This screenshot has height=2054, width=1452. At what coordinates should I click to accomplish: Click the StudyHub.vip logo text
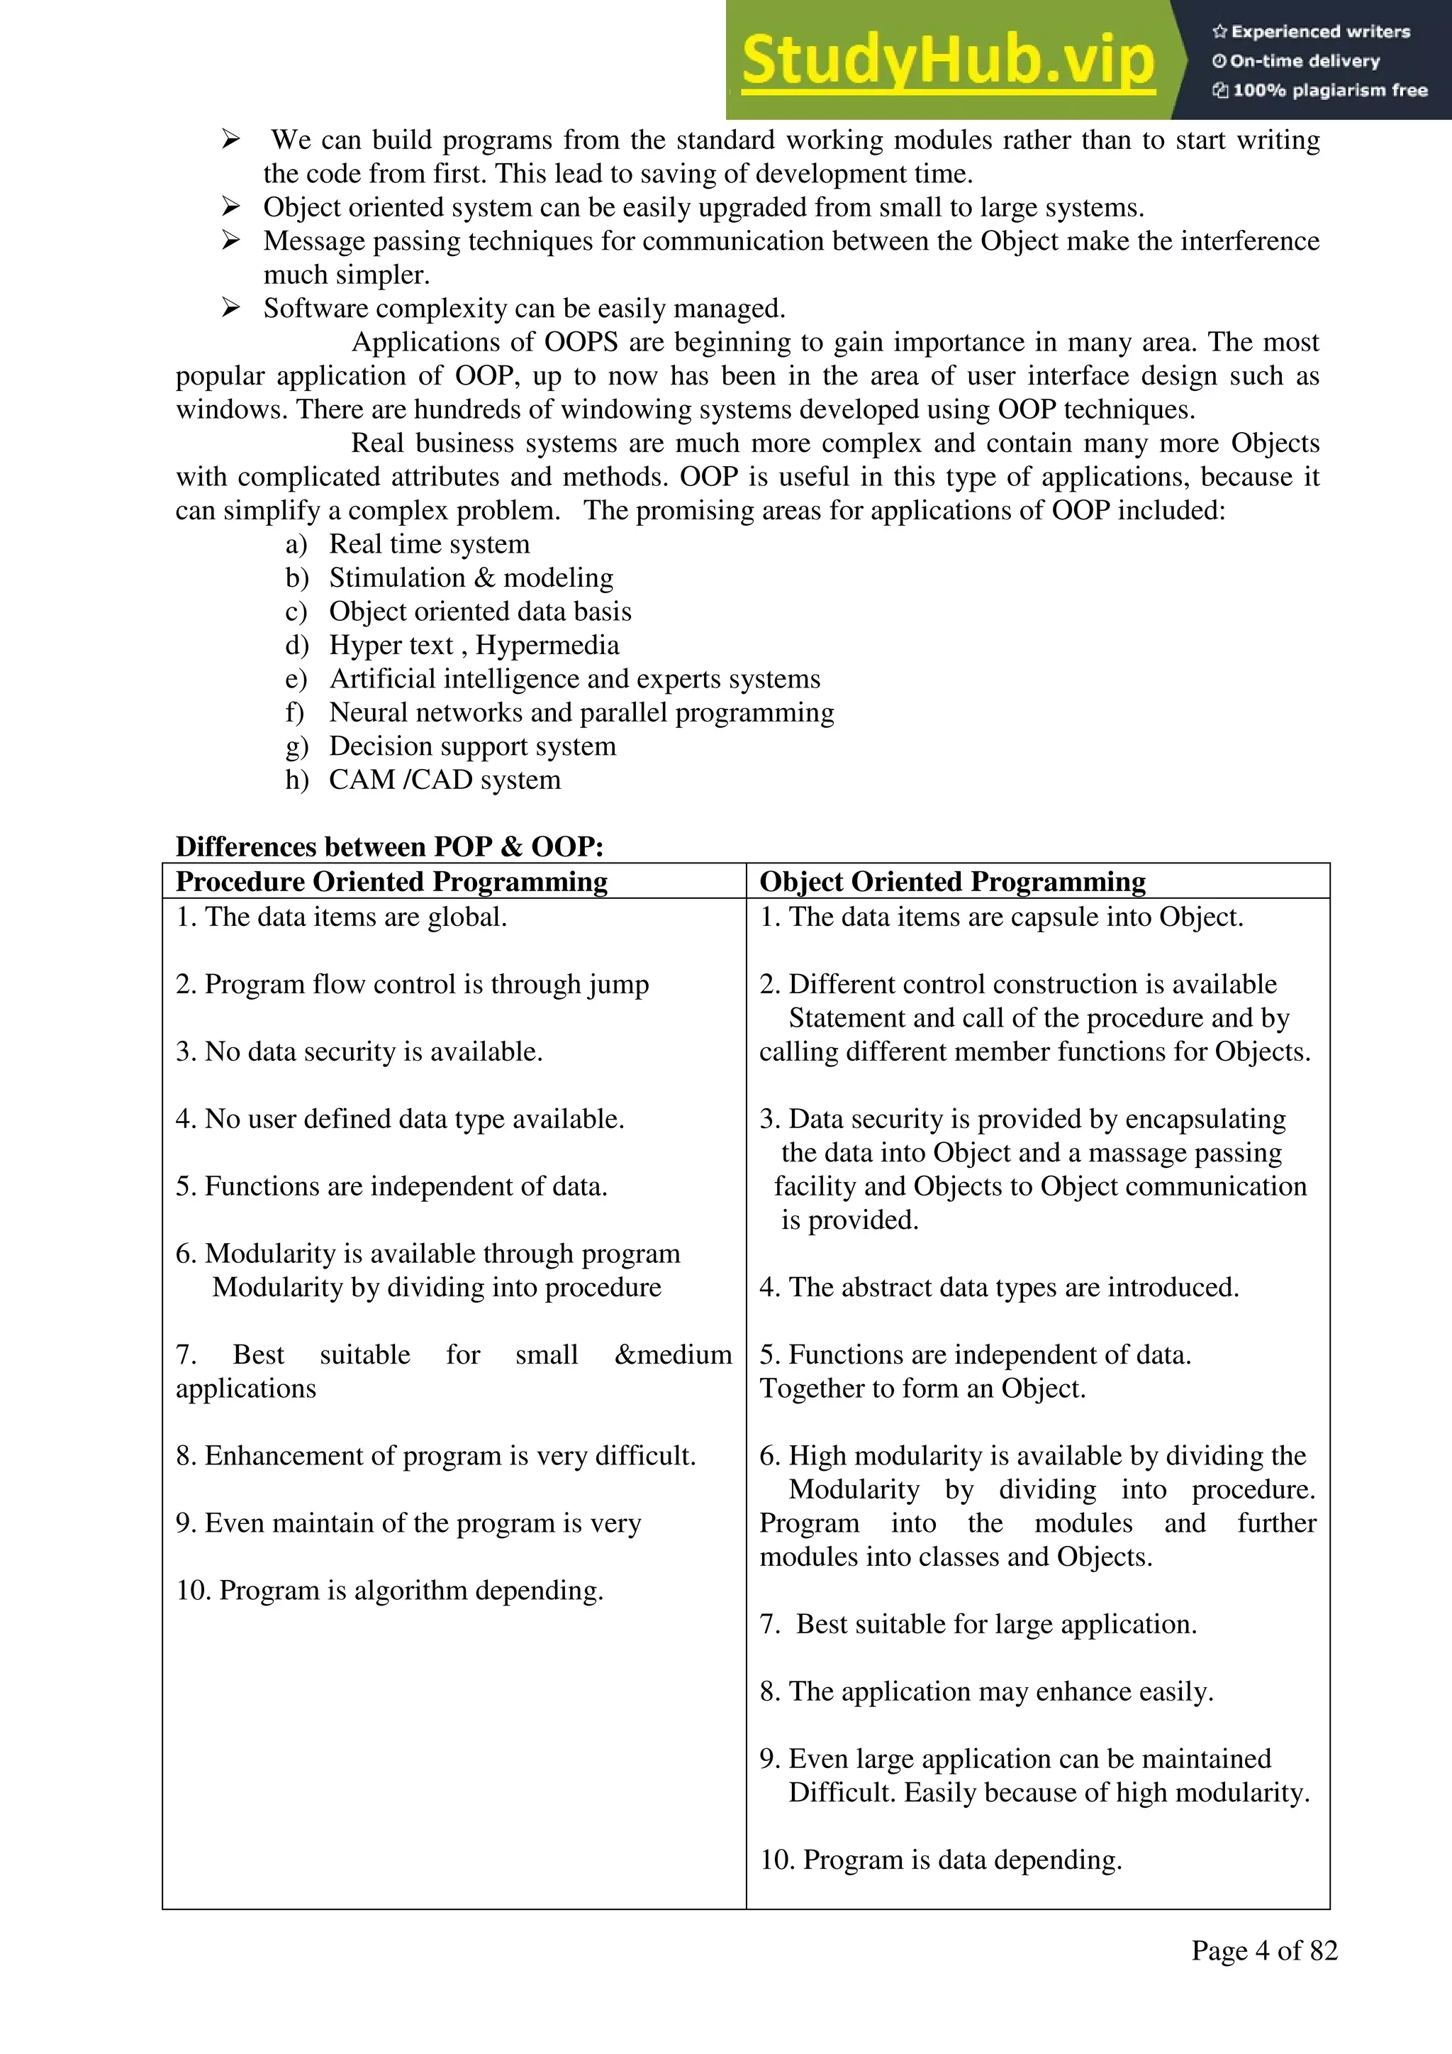948,61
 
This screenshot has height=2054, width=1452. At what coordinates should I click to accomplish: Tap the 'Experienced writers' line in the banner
1311,32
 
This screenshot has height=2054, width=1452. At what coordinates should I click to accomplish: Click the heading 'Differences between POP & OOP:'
389,846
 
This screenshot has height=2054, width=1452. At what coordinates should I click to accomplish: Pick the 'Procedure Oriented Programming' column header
391,881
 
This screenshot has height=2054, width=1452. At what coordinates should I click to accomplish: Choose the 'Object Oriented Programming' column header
952,881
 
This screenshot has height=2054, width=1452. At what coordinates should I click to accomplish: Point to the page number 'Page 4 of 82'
1263,1950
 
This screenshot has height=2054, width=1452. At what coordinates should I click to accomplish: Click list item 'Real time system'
429,544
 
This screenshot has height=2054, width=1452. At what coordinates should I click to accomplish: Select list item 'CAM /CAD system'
445,779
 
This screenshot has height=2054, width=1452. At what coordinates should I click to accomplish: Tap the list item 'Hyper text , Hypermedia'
474,645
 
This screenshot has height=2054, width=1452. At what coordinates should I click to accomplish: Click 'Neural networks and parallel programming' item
581,712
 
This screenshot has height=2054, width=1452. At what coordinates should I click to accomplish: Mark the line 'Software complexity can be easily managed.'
524,309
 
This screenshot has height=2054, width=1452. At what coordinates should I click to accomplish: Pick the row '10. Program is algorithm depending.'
390,1590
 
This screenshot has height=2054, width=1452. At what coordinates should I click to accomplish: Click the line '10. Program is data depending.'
941,1859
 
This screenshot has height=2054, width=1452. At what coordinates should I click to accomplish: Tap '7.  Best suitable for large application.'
978,1624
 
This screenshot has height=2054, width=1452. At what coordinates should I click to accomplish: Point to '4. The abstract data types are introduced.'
999,1287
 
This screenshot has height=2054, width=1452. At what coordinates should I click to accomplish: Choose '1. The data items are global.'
342,917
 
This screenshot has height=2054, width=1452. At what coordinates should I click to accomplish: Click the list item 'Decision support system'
472,746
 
